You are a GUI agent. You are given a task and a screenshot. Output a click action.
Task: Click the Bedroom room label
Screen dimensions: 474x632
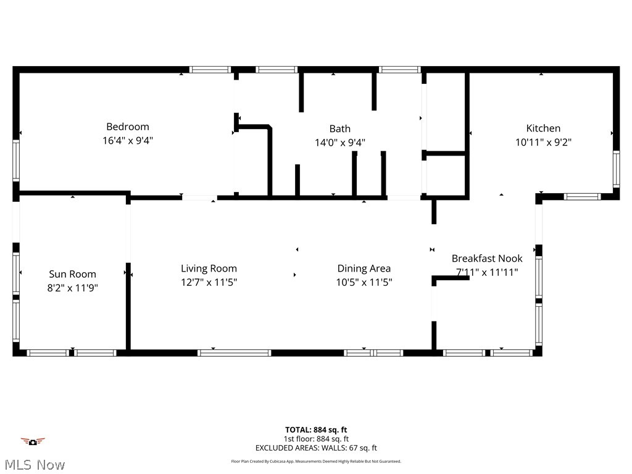(x=128, y=127)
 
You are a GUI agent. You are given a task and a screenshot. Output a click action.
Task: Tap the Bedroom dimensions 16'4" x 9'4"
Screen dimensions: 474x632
(x=128, y=141)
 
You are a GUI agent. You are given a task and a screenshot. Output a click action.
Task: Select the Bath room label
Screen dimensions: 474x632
(x=339, y=129)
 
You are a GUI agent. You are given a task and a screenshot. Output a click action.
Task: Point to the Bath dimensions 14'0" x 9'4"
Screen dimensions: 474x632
(x=339, y=143)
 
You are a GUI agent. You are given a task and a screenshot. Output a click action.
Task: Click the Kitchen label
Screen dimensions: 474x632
(x=543, y=128)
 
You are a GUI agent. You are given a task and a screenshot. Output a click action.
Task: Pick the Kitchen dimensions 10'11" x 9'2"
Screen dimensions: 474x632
(x=543, y=142)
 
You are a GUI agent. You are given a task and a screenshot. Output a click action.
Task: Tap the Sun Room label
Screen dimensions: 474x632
(x=73, y=274)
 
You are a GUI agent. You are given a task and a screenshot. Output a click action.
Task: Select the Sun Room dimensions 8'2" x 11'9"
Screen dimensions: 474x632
(x=73, y=288)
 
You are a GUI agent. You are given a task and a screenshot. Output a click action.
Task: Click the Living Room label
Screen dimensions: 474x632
(x=209, y=268)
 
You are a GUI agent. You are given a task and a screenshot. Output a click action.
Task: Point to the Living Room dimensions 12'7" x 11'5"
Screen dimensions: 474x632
(x=209, y=282)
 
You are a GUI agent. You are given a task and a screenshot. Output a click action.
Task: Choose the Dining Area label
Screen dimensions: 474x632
(x=364, y=268)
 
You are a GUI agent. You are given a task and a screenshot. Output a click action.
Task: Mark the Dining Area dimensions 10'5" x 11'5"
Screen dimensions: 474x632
(x=364, y=282)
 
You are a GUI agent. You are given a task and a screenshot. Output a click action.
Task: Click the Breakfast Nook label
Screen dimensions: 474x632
(x=487, y=259)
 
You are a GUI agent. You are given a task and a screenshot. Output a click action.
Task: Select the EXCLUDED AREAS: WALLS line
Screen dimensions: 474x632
(x=316, y=448)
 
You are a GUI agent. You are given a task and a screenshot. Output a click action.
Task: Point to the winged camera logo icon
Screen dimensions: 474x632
(x=33, y=441)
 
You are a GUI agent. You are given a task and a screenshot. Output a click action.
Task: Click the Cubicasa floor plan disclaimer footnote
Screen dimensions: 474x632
(x=316, y=461)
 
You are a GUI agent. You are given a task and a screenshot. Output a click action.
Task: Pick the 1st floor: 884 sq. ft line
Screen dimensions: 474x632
(x=316, y=439)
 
